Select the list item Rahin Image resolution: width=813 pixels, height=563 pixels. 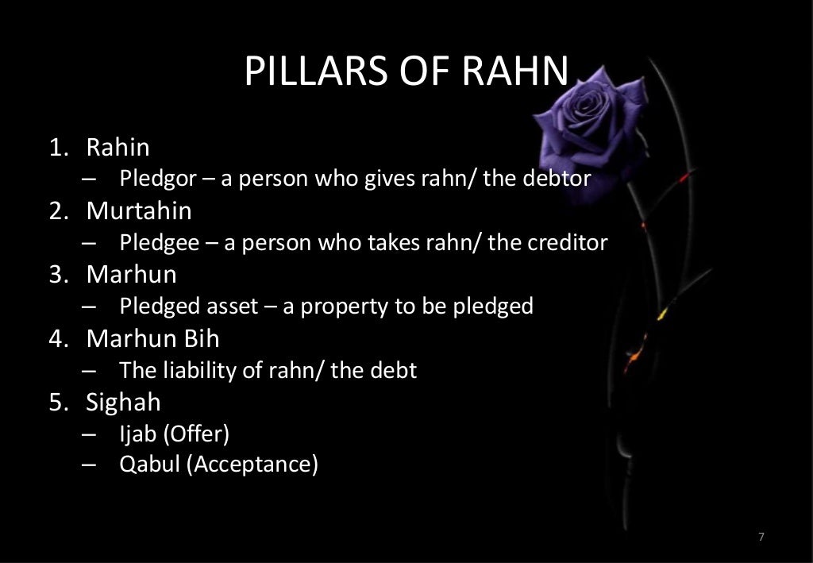click(x=118, y=147)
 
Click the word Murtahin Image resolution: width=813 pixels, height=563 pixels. click(x=139, y=211)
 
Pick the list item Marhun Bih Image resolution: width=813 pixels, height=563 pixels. click(x=153, y=338)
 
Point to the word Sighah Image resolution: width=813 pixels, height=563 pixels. click(x=123, y=402)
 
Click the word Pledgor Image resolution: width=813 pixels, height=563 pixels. click(x=157, y=179)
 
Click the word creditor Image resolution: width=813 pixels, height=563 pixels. click(x=568, y=242)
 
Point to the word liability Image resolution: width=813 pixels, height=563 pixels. click(x=194, y=370)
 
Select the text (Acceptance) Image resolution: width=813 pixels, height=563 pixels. click(x=252, y=464)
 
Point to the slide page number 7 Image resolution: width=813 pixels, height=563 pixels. click(x=761, y=538)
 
